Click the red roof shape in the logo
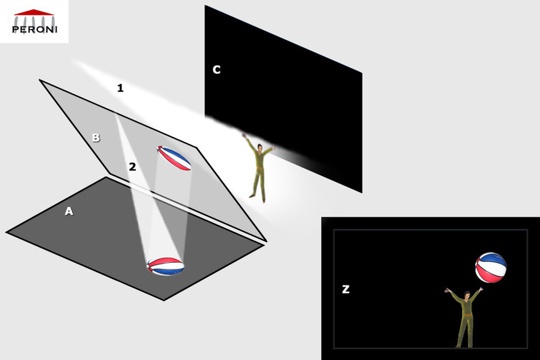click(x=33, y=12)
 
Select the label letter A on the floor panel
click(x=69, y=211)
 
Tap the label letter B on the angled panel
click(x=96, y=138)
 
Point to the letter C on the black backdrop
click(x=217, y=69)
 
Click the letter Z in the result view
click(x=346, y=289)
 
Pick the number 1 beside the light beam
click(x=120, y=88)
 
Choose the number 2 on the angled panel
click(x=132, y=166)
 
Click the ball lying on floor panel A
click(x=165, y=266)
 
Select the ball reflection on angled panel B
click(x=174, y=158)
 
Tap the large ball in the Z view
click(x=491, y=267)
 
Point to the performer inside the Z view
click(x=465, y=316)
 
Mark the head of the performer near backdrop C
click(x=258, y=149)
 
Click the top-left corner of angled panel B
click(x=40, y=80)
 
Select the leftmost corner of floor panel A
click(x=7, y=231)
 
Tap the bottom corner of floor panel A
click(x=164, y=300)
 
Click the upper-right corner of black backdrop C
click(x=362, y=73)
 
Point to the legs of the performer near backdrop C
click(x=258, y=186)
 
